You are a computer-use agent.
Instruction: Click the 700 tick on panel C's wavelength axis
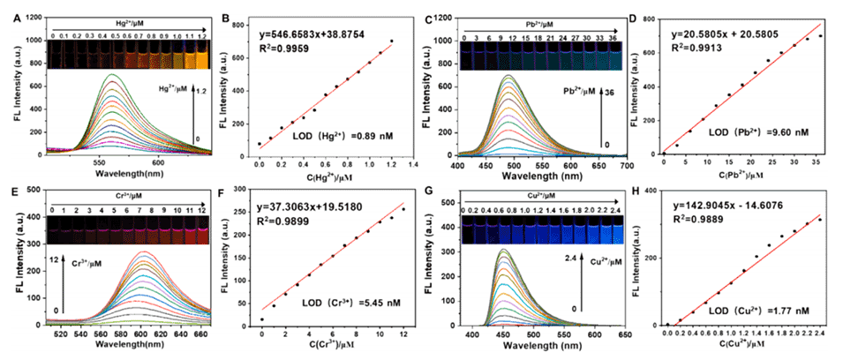tap(617, 165)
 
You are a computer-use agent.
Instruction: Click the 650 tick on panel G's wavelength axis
tap(573, 336)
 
